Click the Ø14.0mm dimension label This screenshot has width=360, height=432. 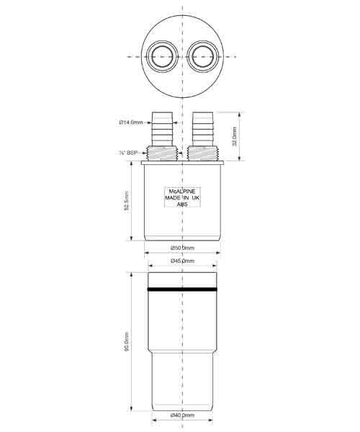pos(132,122)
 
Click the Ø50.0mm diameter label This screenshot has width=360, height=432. pos(183,248)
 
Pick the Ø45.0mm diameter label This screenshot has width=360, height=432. pos(183,261)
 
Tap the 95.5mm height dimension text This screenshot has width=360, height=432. pos(126,342)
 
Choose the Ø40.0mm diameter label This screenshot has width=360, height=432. pos(183,415)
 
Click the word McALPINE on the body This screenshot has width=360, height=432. pos(183,192)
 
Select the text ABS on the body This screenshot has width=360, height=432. pos(183,204)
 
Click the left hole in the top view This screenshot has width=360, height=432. pos(161,55)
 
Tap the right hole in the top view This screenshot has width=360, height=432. pos(204,55)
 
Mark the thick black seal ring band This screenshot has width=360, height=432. pos(183,289)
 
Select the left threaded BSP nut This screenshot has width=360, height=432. pos(161,152)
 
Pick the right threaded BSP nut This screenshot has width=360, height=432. pos(204,152)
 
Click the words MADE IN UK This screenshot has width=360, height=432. pos(183,198)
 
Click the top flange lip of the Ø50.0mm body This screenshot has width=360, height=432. pos(183,163)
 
